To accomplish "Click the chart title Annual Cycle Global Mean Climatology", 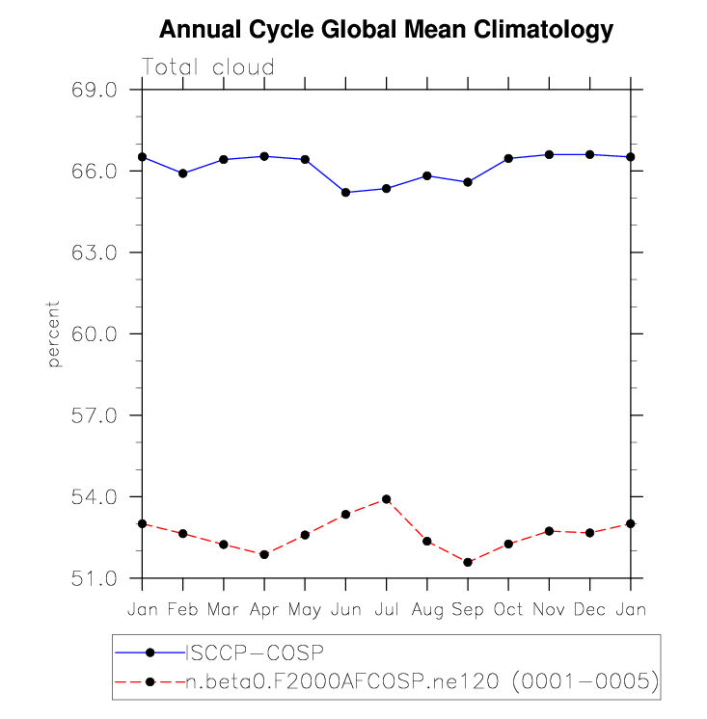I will [386, 30].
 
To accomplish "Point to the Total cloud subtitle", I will [208, 67].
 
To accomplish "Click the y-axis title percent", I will [54, 333].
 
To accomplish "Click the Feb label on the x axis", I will [182, 610].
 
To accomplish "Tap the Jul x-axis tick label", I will [386, 610].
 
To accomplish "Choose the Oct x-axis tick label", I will [508, 610].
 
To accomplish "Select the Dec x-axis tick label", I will [589, 610].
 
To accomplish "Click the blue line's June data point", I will [345, 193].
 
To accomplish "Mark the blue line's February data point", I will [182, 173].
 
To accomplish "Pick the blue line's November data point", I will [549, 154].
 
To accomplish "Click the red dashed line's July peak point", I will [386, 499].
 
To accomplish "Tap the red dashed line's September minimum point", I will [468, 562].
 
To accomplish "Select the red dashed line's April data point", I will [264, 554].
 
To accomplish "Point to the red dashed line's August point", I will [427, 542].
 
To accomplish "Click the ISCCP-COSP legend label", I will [254, 652].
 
